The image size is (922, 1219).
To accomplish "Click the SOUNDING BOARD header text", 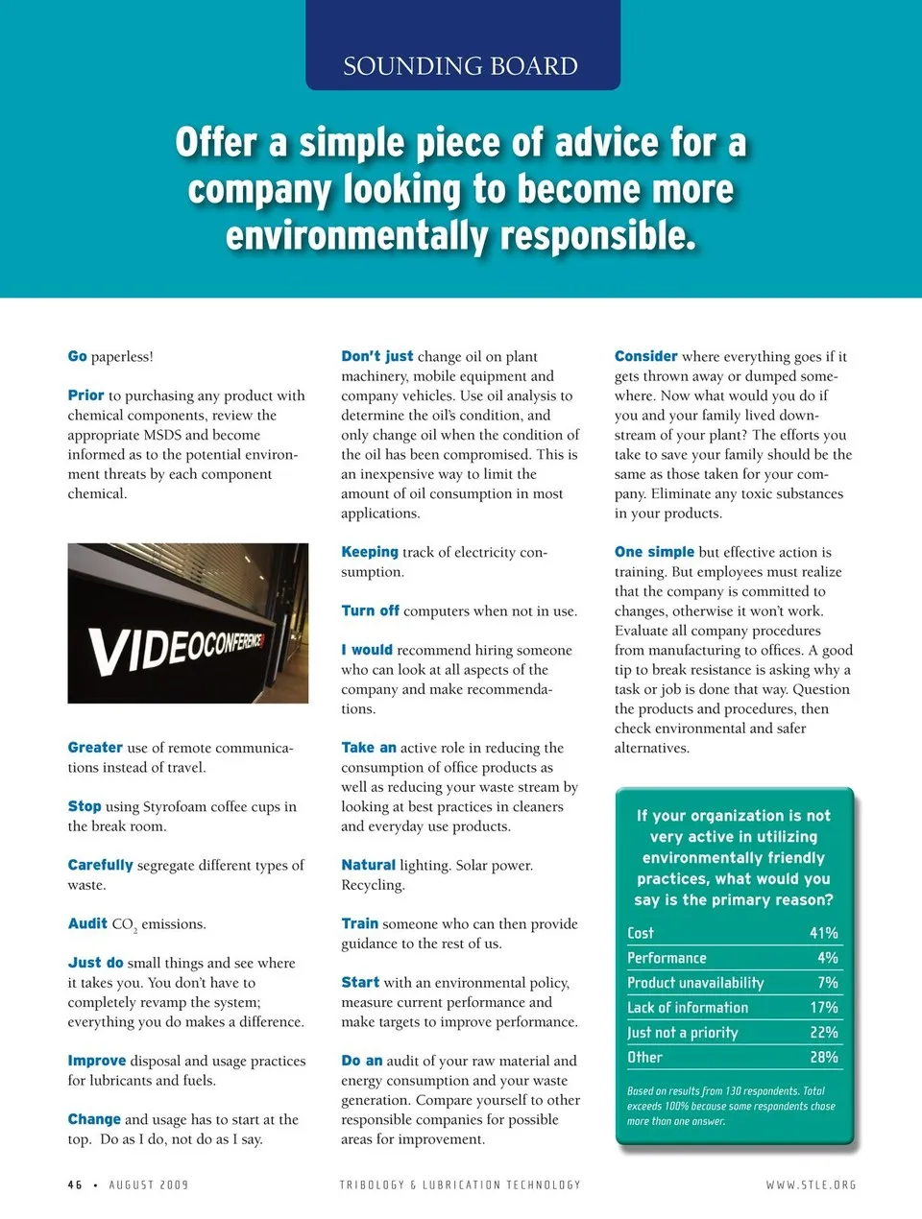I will [x=461, y=66].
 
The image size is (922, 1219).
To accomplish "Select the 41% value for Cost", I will [x=823, y=933].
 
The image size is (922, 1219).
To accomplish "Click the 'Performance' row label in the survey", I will [x=667, y=958].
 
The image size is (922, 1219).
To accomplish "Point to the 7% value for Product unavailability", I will [x=828, y=983].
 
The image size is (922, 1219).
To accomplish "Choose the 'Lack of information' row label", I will [x=688, y=1008].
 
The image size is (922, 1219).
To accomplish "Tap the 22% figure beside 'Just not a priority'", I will [x=823, y=1033].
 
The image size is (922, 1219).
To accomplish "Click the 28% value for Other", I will [x=823, y=1058].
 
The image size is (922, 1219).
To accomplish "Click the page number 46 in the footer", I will [x=75, y=1185].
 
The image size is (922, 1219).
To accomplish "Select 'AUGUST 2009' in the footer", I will [x=149, y=1185].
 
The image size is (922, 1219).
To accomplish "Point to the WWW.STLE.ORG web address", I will [x=811, y=1185].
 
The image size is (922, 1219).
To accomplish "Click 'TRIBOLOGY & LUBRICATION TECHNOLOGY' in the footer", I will [x=460, y=1185].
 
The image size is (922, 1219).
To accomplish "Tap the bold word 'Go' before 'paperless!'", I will [x=77, y=356].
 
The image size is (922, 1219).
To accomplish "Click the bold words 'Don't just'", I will [x=376, y=356].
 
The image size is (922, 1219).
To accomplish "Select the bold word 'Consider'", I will [x=645, y=356].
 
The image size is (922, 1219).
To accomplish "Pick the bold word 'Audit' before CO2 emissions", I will [x=87, y=923].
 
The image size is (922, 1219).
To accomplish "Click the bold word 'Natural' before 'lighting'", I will [x=368, y=865].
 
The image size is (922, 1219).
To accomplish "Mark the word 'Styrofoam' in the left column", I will [x=176, y=806].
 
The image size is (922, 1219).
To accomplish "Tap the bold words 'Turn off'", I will [x=370, y=610].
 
